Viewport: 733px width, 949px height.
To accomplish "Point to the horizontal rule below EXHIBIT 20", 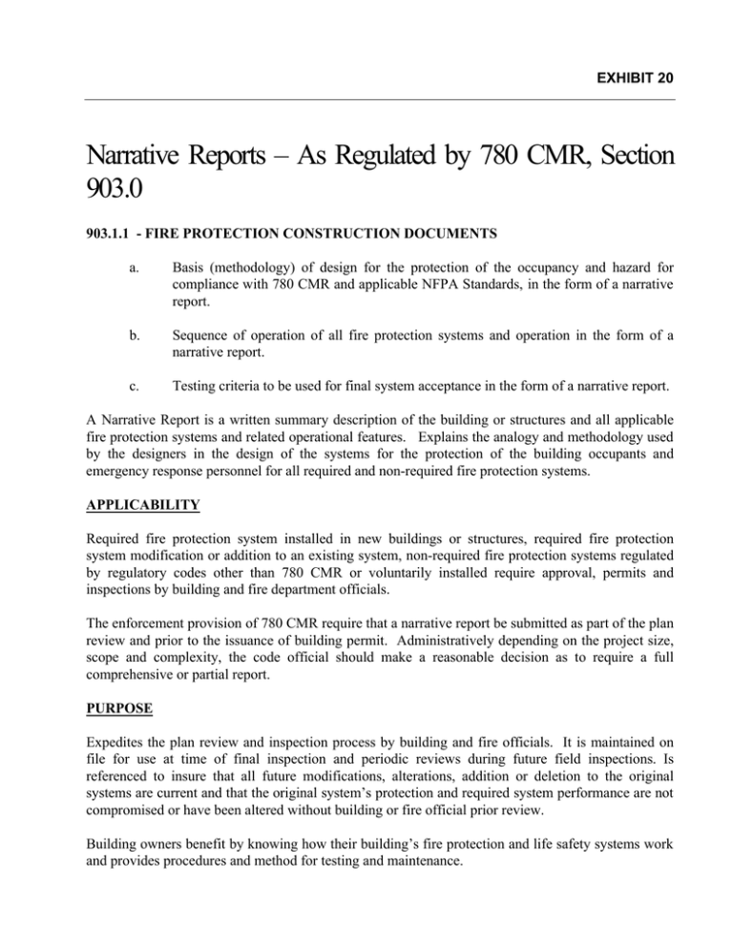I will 366,98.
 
